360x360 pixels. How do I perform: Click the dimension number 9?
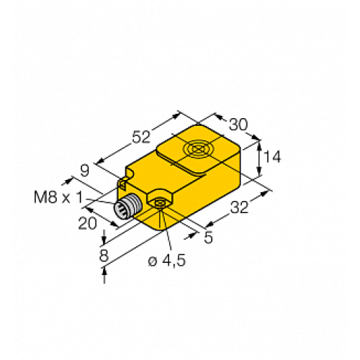pos(84,171)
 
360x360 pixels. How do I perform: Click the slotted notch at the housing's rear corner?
pos(127,174)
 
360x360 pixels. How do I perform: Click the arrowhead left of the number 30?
pos(217,117)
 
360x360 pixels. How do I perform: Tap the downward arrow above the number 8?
pos(106,238)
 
